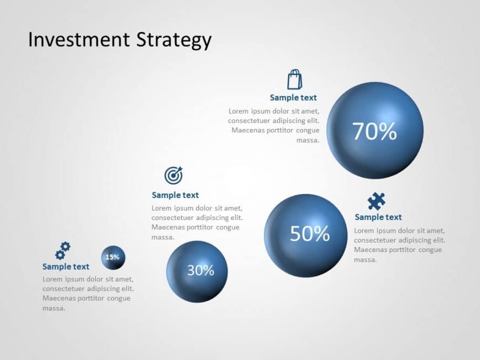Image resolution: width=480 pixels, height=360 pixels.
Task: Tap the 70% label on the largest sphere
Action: click(x=375, y=131)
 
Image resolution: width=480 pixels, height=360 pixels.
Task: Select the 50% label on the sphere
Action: click(x=310, y=234)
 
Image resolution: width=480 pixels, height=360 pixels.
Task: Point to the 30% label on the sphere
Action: click(x=200, y=270)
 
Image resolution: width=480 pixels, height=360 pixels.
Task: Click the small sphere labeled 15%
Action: click(x=113, y=257)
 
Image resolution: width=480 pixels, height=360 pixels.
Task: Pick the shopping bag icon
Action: click(x=295, y=79)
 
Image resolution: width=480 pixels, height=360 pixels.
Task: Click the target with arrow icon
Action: click(x=173, y=175)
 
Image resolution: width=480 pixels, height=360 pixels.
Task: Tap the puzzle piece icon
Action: click(x=376, y=201)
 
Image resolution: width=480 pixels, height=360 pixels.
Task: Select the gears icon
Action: click(x=63, y=250)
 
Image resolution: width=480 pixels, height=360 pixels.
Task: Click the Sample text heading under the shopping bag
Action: click(x=293, y=98)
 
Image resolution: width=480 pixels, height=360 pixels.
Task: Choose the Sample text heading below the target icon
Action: click(x=175, y=195)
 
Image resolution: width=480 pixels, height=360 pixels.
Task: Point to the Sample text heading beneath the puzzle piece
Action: click(x=378, y=217)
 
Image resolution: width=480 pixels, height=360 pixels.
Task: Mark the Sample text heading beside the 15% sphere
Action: click(x=66, y=267)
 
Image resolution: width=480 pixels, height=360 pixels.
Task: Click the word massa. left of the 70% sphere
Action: click(x=308, y=141)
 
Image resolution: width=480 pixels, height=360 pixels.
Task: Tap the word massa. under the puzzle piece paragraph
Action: click(x=365, y=260)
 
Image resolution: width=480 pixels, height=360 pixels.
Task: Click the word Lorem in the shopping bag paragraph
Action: click(x=239, y=111)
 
